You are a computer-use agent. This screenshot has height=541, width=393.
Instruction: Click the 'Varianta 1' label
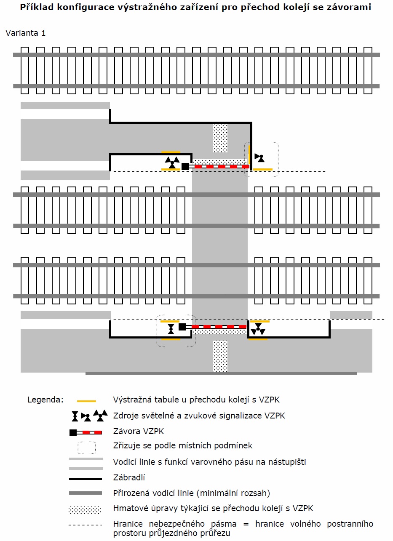26,33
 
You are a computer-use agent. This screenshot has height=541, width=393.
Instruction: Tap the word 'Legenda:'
45,400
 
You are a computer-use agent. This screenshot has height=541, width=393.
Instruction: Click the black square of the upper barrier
185,166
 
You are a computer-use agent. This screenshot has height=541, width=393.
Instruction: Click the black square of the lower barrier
182,327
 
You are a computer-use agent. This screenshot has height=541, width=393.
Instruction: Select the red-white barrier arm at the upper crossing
219,167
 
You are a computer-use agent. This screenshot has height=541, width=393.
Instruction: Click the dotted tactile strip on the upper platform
220,138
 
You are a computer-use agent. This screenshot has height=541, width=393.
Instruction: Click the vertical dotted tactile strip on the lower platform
220,356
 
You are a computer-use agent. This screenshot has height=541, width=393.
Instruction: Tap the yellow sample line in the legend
86,401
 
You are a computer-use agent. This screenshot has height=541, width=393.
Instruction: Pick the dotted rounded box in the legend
86,447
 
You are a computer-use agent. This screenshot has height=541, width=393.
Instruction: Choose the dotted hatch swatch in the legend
85,510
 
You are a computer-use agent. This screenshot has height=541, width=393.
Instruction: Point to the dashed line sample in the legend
86,525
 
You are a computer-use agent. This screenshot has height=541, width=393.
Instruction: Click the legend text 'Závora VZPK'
139,431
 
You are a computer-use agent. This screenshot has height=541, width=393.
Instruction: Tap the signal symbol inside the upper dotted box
260,158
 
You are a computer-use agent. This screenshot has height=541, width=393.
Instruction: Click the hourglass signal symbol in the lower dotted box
171,328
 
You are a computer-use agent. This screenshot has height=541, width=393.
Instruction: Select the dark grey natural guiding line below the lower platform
221,373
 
